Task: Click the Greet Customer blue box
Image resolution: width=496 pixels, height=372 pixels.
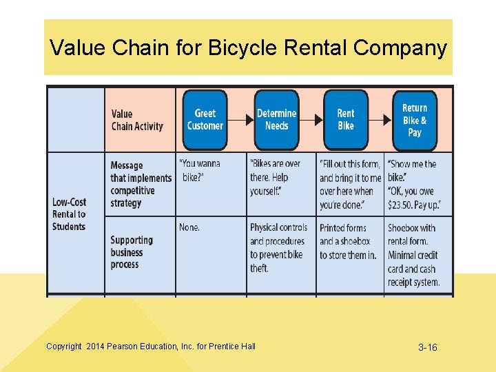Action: (x=205, y=120)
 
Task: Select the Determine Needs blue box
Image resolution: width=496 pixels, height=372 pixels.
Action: (x=276, y=120)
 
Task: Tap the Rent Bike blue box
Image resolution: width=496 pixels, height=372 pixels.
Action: (x=346, y=120)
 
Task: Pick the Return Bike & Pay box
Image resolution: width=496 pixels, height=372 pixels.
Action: (x=415, y=120)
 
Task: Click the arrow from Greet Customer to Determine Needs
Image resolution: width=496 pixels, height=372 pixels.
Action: (x=240, y=120)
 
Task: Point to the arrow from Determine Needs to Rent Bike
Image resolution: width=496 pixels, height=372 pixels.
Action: (x=311, y=120)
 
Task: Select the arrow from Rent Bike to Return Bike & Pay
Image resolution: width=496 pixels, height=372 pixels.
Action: (x=380, y=120)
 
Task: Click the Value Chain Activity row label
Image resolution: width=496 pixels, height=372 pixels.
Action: (x=137, y=120)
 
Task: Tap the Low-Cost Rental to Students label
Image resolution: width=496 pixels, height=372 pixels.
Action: (x=69, y=214)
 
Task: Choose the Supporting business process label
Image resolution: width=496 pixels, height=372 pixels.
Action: (x=132, y=252)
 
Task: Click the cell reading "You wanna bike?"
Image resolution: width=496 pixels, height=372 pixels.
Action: (x=201, y=171)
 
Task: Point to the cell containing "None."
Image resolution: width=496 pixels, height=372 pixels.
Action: (x=189, y=227)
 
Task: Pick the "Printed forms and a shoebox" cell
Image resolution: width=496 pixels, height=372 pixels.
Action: (x=348, y=241)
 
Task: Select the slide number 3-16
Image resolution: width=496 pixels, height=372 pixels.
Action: (x=427, y=347)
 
